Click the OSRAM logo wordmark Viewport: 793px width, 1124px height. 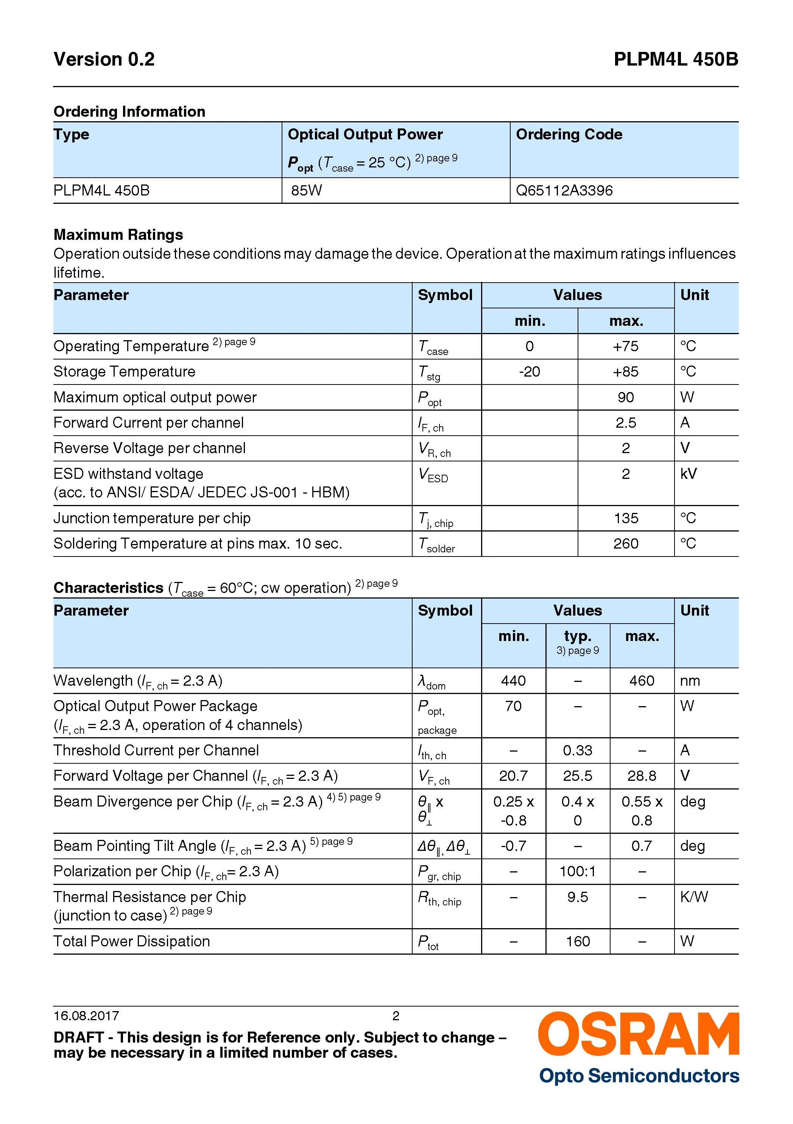[639, 1034]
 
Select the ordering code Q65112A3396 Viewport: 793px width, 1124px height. [564, 191]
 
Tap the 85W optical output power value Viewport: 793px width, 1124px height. [306, 191]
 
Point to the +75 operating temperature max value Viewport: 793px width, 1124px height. [626, 346]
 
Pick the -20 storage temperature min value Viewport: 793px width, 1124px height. [529, 372]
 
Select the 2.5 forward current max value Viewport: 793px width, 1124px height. [626, 422]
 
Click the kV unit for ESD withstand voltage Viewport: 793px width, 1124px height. [688, 474]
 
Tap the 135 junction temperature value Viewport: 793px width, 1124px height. [626, 518]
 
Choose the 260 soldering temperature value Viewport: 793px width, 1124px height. [626, 543]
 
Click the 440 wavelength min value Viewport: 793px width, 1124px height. [513, 680]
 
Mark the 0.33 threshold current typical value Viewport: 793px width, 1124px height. [577, 750]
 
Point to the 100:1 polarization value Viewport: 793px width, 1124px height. [577, 871]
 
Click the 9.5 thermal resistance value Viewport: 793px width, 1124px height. [577, 897]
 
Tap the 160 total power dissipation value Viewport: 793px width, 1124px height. [577, 941]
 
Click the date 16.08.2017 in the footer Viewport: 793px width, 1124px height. [86, 1016]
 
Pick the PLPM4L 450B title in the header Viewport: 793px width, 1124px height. [676, 59]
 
